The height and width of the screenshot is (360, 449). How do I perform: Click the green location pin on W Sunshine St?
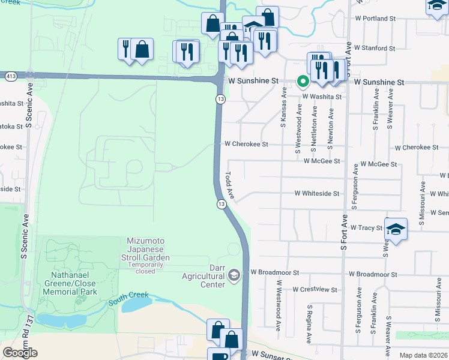click(303, 82)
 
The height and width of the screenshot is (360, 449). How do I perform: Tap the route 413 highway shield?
click(11, 76)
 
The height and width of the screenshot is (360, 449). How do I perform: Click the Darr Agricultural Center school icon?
click(234, 275)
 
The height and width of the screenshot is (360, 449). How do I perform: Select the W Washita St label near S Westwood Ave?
click(322, 96)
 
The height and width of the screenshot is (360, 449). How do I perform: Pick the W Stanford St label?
click(374, 47)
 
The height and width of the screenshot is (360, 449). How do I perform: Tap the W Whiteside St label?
click(316, 194)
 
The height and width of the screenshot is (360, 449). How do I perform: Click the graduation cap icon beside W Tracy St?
click(396, 229)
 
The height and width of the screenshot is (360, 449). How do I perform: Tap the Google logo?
click(20, 353)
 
